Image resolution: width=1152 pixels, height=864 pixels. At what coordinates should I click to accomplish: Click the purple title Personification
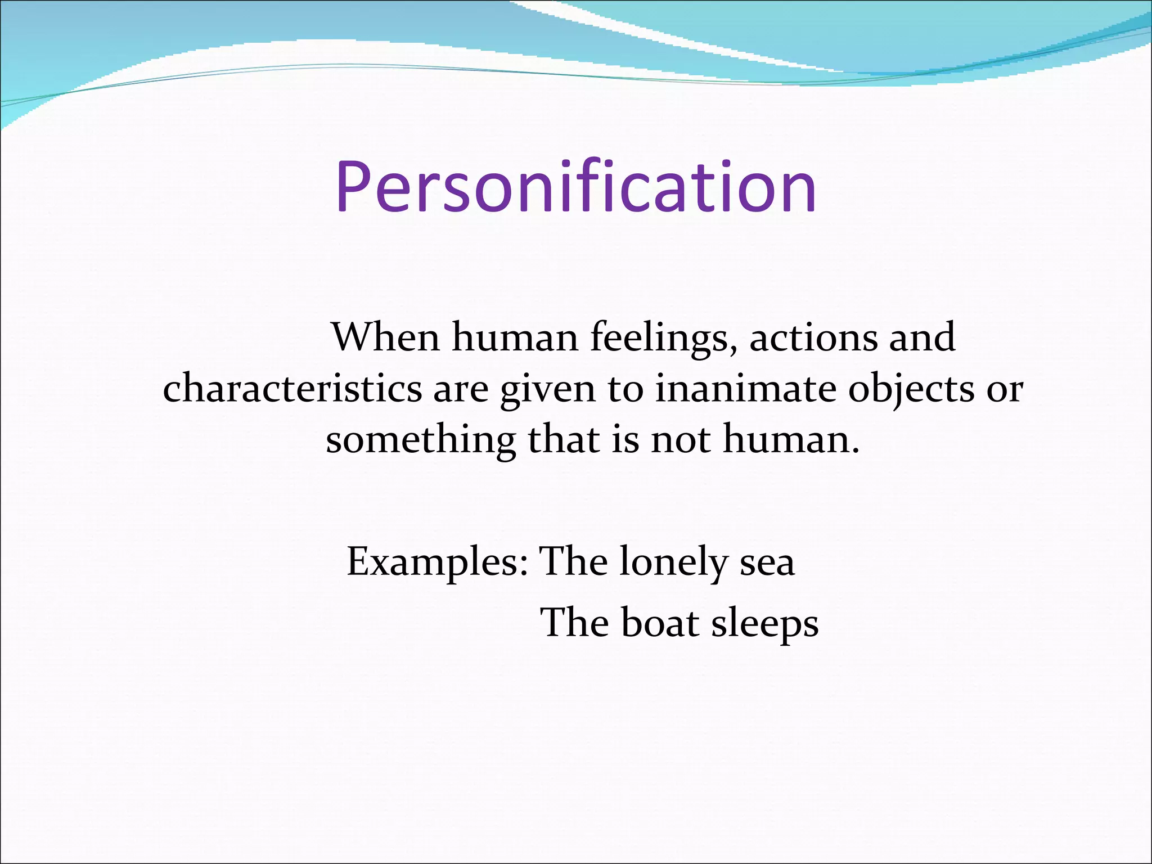pos(576,187)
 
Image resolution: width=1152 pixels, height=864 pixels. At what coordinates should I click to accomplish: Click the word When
pos(385,337)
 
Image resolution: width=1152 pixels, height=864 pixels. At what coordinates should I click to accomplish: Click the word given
pos(547,389)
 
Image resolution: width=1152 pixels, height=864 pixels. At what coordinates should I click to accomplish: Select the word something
pos(420,440)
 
